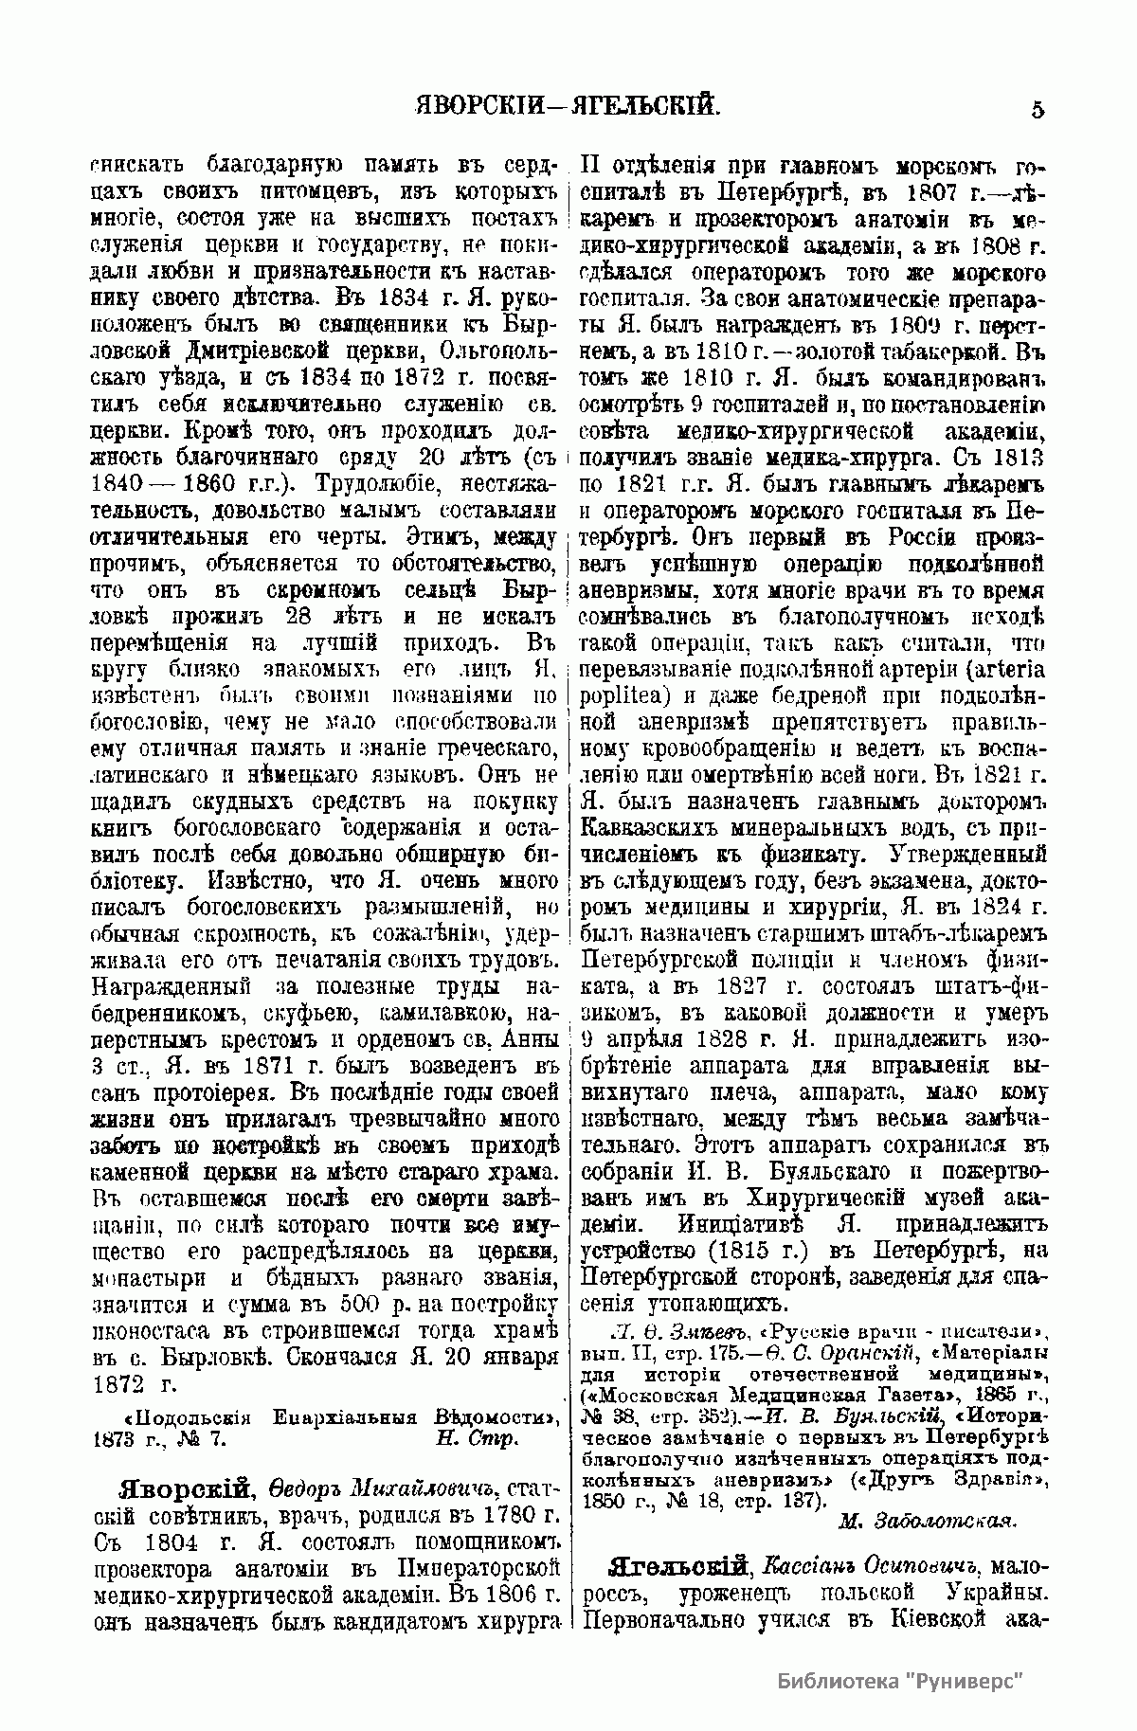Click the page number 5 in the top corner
pos(1038,110)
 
